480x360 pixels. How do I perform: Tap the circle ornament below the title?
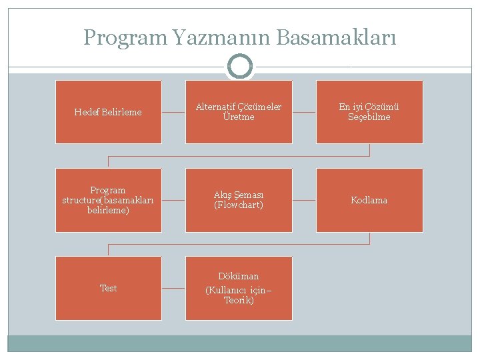pos(240,67)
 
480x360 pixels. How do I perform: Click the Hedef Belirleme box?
pos(108,112)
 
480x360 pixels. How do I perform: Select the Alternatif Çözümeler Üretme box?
pos(239,112)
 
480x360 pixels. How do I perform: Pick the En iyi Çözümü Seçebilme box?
pos(369,112)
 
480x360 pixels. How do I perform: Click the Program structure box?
pos(108,200)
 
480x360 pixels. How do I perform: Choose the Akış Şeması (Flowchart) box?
pos(239,200)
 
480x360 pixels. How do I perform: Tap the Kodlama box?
pos(369,200)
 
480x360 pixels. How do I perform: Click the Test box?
pos(108,288)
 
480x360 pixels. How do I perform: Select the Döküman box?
pos(239,288)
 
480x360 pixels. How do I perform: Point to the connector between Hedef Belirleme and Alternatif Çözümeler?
pos(173,112)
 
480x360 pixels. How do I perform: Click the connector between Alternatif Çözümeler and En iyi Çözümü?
pos(304,112)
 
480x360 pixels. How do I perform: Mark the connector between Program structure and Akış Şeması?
pos(173,200)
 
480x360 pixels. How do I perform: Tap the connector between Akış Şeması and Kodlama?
pos(304,200)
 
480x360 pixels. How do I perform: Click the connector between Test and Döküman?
pos(173,288)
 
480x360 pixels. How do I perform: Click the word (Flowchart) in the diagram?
pos(239,205)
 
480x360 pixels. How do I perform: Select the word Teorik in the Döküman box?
pos(239,301)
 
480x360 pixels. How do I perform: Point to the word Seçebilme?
pos(369,117)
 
